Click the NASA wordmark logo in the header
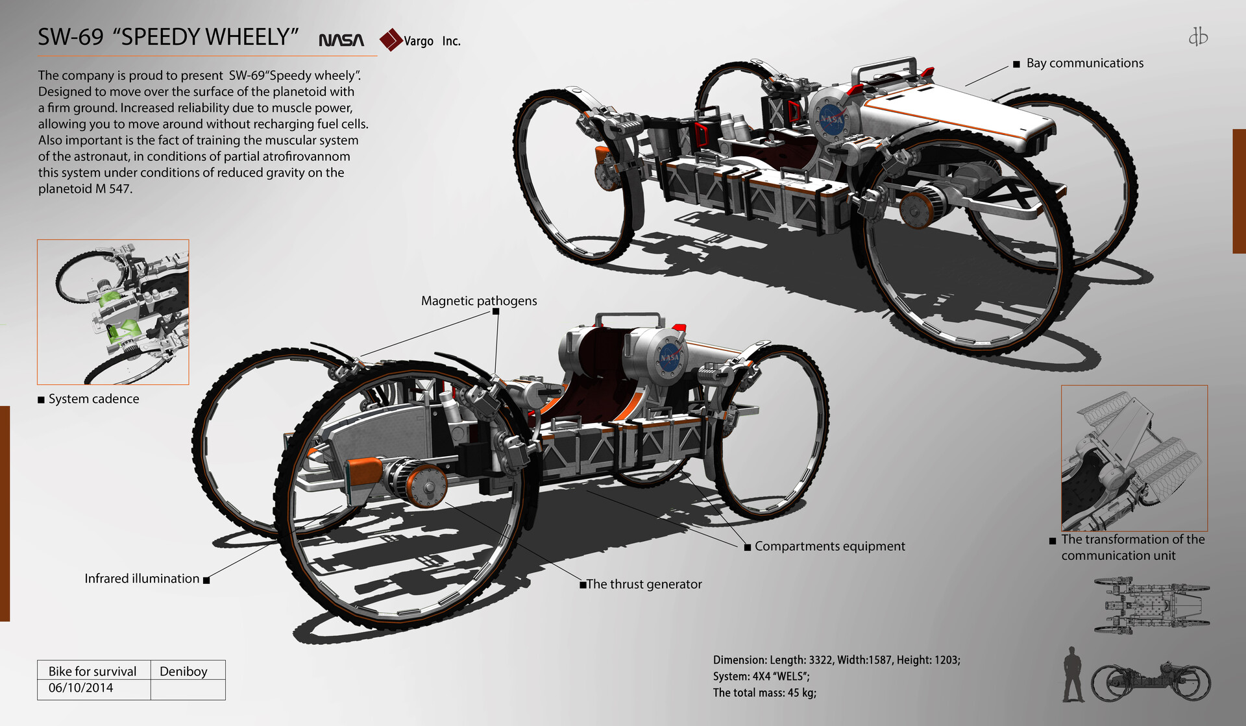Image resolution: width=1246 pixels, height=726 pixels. pyautogui.click(x=341, y=40)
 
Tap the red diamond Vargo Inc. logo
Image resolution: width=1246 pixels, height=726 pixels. pyautogui.click(x=391, y=40)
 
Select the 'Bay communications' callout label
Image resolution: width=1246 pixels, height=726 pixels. pyautogui.click(x=1084, y=63)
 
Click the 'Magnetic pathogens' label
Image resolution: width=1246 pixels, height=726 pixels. pyautogui.click(x=479, y=300)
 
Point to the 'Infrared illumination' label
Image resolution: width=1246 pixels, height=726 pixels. pyautogui.click(x=141, y=578)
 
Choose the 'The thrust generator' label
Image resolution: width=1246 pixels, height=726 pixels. pyautogui.click(x=644, y=584)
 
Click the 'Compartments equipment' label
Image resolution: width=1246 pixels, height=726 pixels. pyautogui.click(x=829, y=546)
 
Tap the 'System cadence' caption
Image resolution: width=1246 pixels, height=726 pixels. pyautogui.click(x=93, y=398)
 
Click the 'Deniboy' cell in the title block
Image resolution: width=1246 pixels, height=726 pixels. pyautogui.click(x=184, y=671)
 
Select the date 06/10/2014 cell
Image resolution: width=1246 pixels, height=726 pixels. pyautogui.click(x=80, y=688)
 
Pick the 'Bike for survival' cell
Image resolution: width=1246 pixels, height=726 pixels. pyautogui.click(x=92, y=671)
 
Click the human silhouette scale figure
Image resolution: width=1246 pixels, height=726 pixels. pyautogui.click(x=1073, y=675)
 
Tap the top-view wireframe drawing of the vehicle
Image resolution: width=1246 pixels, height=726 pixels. pyautogui.click(x=1151, y=605)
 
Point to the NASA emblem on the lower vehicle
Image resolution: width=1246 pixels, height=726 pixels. pyautogui.click(x=669, y=357)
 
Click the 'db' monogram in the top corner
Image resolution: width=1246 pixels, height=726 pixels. pyautogui.click(x=1198, y=36)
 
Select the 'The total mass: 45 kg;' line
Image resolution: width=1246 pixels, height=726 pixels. pyautogui.click(x=764, y=692)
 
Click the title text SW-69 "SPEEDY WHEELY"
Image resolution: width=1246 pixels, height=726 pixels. pyautogui.click(x=168, y=37)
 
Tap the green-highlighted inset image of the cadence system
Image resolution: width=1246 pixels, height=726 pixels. pyautogui.click(x=114, y=312)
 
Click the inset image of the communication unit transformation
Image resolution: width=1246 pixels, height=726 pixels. pyautogui.click(x=1134, y=458)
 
